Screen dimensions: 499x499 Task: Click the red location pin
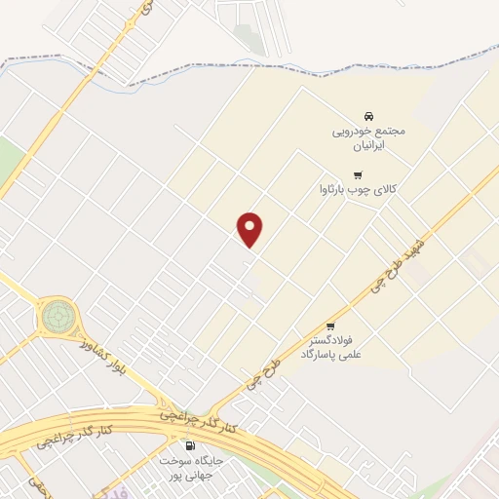coord(251,228)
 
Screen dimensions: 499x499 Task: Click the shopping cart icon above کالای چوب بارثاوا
coord(343,174)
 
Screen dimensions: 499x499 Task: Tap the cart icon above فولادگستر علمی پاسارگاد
coord(330,326)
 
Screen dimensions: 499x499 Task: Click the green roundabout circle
coord(57,316)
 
